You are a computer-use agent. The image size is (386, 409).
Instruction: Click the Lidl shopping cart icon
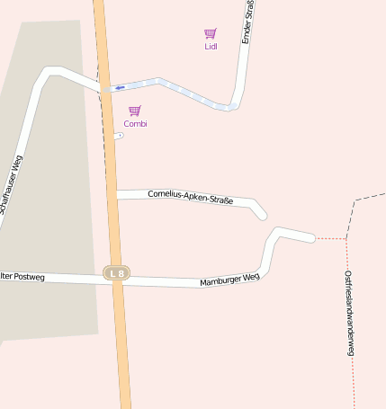210,33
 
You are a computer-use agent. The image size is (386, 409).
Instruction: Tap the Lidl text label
211,46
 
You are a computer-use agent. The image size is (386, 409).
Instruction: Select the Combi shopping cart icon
135,111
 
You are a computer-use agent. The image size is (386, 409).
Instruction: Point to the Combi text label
135,123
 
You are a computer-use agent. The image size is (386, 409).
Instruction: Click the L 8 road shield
115,272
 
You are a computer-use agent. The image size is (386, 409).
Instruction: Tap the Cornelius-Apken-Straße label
190,197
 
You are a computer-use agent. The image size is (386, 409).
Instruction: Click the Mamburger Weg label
229,280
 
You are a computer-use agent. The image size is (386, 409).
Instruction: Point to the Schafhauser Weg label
12,184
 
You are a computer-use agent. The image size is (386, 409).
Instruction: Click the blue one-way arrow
120,88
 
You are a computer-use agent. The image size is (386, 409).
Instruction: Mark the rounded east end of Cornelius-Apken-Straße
262,216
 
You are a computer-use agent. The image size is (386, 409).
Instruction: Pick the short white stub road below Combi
119,136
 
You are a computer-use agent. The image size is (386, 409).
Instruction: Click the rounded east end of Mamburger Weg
310,237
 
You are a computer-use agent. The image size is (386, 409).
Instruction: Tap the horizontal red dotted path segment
330,238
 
